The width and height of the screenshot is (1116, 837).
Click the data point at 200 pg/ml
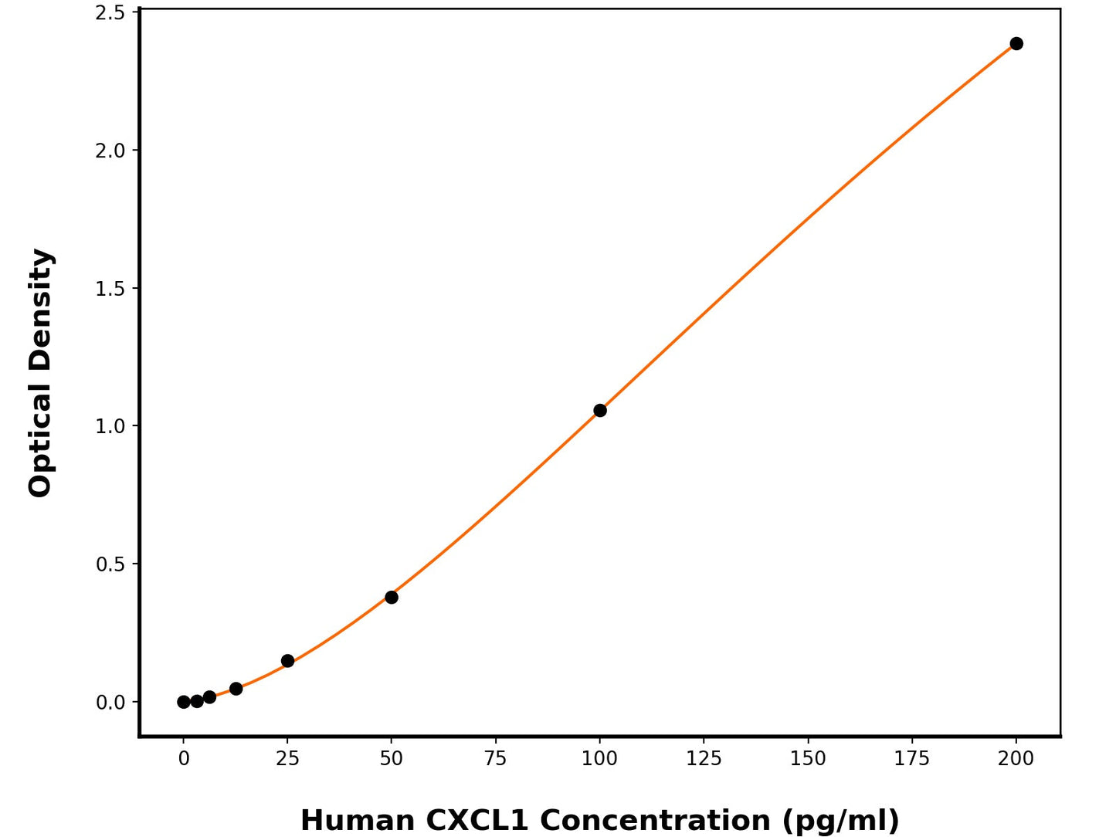pyautogui.click(x=1016, y=43)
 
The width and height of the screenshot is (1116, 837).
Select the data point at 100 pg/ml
pyautogui.click(x=599, y=410)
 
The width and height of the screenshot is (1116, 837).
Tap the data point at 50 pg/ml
pyautogui.click(x=392, y=597)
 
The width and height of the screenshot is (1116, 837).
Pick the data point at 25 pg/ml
pyautogui.click(x=287, y=661)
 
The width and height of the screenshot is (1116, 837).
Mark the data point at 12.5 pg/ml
pyautogui.click(x=236, y=689)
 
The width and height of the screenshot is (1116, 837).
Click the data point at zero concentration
pyautogui.click(x=184, y=702)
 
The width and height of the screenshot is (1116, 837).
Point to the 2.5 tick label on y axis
pyautogui.click(x=110, y=12)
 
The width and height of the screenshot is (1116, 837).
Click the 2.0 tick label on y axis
pyautogui.click(x=110, y=151)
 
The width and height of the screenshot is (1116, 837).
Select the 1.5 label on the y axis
pyautogui.click(x=110, y=289)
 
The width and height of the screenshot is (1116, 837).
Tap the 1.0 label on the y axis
pyautogui.click(x=110, y=426)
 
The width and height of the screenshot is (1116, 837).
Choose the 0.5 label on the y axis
pyautogui.click(x=110, y=564)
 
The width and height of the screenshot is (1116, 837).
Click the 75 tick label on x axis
pyautogui.click(x=495, y=759)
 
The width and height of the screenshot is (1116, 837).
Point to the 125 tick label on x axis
pyautogui.click(x=704, y=759)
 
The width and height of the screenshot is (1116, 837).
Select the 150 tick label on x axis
pyautogui.click(x=808, y=759)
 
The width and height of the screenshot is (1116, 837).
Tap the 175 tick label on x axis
pyautogui.click(x=911, y=759)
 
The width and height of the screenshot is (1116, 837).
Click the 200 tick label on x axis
pyautogui.click(x=1016, y=759)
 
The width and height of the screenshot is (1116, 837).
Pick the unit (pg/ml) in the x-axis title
pyautogui.click(x=840, y=820)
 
